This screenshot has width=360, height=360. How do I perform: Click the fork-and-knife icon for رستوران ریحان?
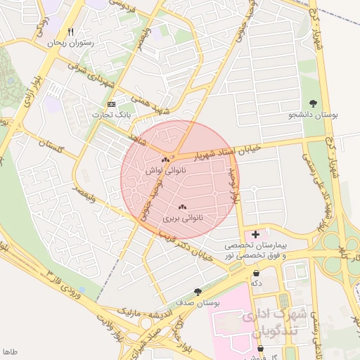pos(70,32)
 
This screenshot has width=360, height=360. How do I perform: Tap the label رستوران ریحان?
pos(70,44)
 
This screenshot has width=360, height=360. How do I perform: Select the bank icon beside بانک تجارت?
pos(110,104)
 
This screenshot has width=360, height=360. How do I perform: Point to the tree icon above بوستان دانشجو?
pos(313,104)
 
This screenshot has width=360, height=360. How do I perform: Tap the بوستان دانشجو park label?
pos(314,115)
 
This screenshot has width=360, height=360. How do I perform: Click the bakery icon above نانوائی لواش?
pos(165,160)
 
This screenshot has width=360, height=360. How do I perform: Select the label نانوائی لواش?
pos(165,171)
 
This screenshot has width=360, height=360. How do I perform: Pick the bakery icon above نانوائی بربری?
pos(183,207)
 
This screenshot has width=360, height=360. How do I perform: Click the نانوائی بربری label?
pos(183,218)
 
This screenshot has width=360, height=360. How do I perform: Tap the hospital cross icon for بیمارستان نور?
pos(255,233)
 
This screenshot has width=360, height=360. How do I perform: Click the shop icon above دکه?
pos(256,273)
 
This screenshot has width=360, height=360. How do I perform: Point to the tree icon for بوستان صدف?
pos(198,292)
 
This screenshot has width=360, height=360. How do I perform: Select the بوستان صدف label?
pos(199,302)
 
